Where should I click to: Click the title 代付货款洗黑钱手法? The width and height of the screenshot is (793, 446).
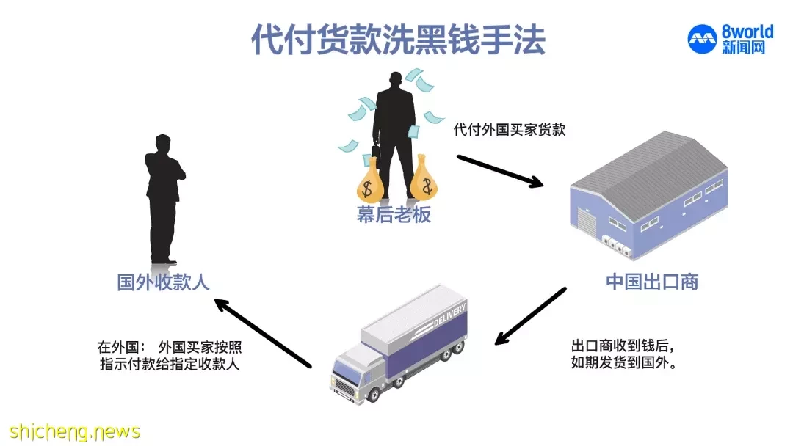(x=399, y=40)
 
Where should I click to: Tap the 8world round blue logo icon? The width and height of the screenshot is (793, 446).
(x=702, y=39)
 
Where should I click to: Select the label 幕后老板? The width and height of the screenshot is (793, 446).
(x=394, y=215)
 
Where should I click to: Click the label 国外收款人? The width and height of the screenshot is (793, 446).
(x=163, y=282)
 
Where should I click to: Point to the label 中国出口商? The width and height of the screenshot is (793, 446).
(x=652, y=282)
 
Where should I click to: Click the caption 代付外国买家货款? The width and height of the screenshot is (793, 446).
(x=510, y=129)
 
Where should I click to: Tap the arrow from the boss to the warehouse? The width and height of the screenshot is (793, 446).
(x=500, y=171)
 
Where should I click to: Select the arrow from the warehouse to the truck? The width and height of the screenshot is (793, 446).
(x=530, y=316)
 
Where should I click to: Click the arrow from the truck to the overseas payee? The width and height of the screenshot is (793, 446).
(x=262, y=333)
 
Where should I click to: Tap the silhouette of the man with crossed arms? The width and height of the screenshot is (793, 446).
(x=164, y=199)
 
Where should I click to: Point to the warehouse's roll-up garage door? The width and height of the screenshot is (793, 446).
(x=587, y=223)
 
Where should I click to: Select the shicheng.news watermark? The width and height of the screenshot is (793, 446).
(x=74, y=432)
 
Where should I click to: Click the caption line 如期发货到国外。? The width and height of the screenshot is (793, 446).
(x=624, y=362)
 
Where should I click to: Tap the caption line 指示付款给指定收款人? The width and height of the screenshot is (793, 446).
(x=170, y=364)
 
